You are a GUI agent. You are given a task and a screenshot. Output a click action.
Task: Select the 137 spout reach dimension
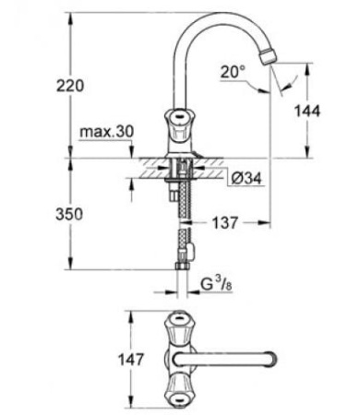[224, 222]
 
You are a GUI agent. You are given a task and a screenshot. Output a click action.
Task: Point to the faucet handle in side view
[179, 122]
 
